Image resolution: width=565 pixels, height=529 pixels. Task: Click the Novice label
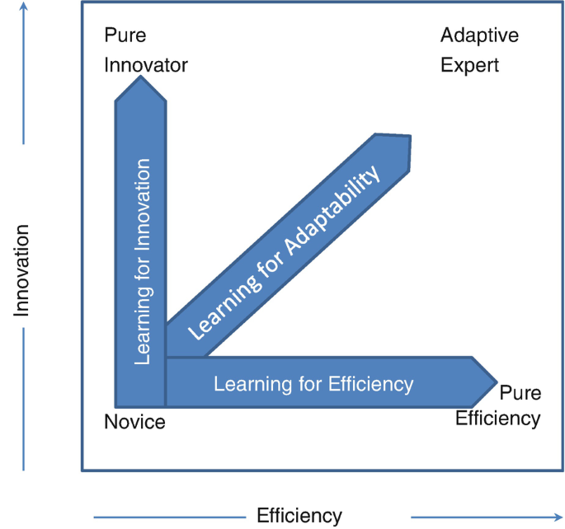134,423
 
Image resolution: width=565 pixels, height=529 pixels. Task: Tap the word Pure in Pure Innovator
125,36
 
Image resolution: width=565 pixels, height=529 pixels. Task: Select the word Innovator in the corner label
146,64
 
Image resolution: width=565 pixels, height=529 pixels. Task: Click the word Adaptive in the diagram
479,36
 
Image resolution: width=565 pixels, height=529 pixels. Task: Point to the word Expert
469,64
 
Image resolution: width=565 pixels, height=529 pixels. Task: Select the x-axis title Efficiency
299,517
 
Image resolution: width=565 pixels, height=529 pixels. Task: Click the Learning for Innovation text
142,261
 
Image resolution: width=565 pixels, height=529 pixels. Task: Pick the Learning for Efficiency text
313,383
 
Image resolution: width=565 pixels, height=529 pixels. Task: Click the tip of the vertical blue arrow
141,78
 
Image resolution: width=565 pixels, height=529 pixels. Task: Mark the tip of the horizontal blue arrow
497,382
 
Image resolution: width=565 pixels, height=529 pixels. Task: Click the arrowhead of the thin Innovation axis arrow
22,7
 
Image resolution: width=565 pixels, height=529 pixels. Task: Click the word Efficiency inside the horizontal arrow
370,383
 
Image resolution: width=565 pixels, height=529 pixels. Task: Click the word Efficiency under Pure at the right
498,418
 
